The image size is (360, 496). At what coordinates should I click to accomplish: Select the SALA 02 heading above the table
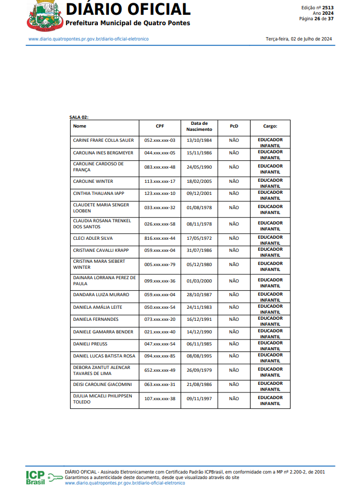pyautogui.click(x=79, y=117)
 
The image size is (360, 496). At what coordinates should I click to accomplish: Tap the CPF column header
pyautogui.click(x=160, y=126)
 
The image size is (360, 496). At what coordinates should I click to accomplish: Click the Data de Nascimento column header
pyautogui.click(x=199, y=126)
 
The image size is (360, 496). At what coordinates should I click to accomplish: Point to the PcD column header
pyautogui.click(x=234, y=126)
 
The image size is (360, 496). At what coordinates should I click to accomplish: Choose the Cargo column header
pyautogui.click(x=270, y=126)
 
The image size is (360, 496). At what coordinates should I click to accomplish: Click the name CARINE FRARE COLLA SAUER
pyautogui.click(x=103, y=140)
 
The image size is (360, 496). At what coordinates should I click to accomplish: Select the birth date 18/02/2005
pyautogui.click(x=199, y=181)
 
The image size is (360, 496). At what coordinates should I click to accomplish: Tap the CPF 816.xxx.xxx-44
pyautogui.click(x=160, y=239)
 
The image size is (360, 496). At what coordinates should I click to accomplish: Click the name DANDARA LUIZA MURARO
pyautogui.click(x=98, y=295)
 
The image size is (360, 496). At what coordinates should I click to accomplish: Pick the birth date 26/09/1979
pyautogui.click(x=199, y=370)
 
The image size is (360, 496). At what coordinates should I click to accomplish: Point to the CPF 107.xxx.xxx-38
pyautogui.click(x=160, y=399)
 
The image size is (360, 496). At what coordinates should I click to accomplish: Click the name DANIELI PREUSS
pyautogui.click(x=90, y=344)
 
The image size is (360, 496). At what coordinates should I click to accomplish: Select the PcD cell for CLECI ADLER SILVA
pyautogui.click(x=234, y=239)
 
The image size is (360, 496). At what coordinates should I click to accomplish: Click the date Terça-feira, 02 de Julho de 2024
pyautogui.click(x=299, y=39)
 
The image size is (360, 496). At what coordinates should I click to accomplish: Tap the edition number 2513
pyautogui.click(x=328, y=8)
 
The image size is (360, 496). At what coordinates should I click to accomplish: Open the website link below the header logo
pyautogui.click(x=89, y=39)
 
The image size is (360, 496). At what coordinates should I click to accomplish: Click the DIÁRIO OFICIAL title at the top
pyautogui.click(x=128, y=9)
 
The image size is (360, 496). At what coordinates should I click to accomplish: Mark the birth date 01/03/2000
pyautogui.click(x=199, y=281)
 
